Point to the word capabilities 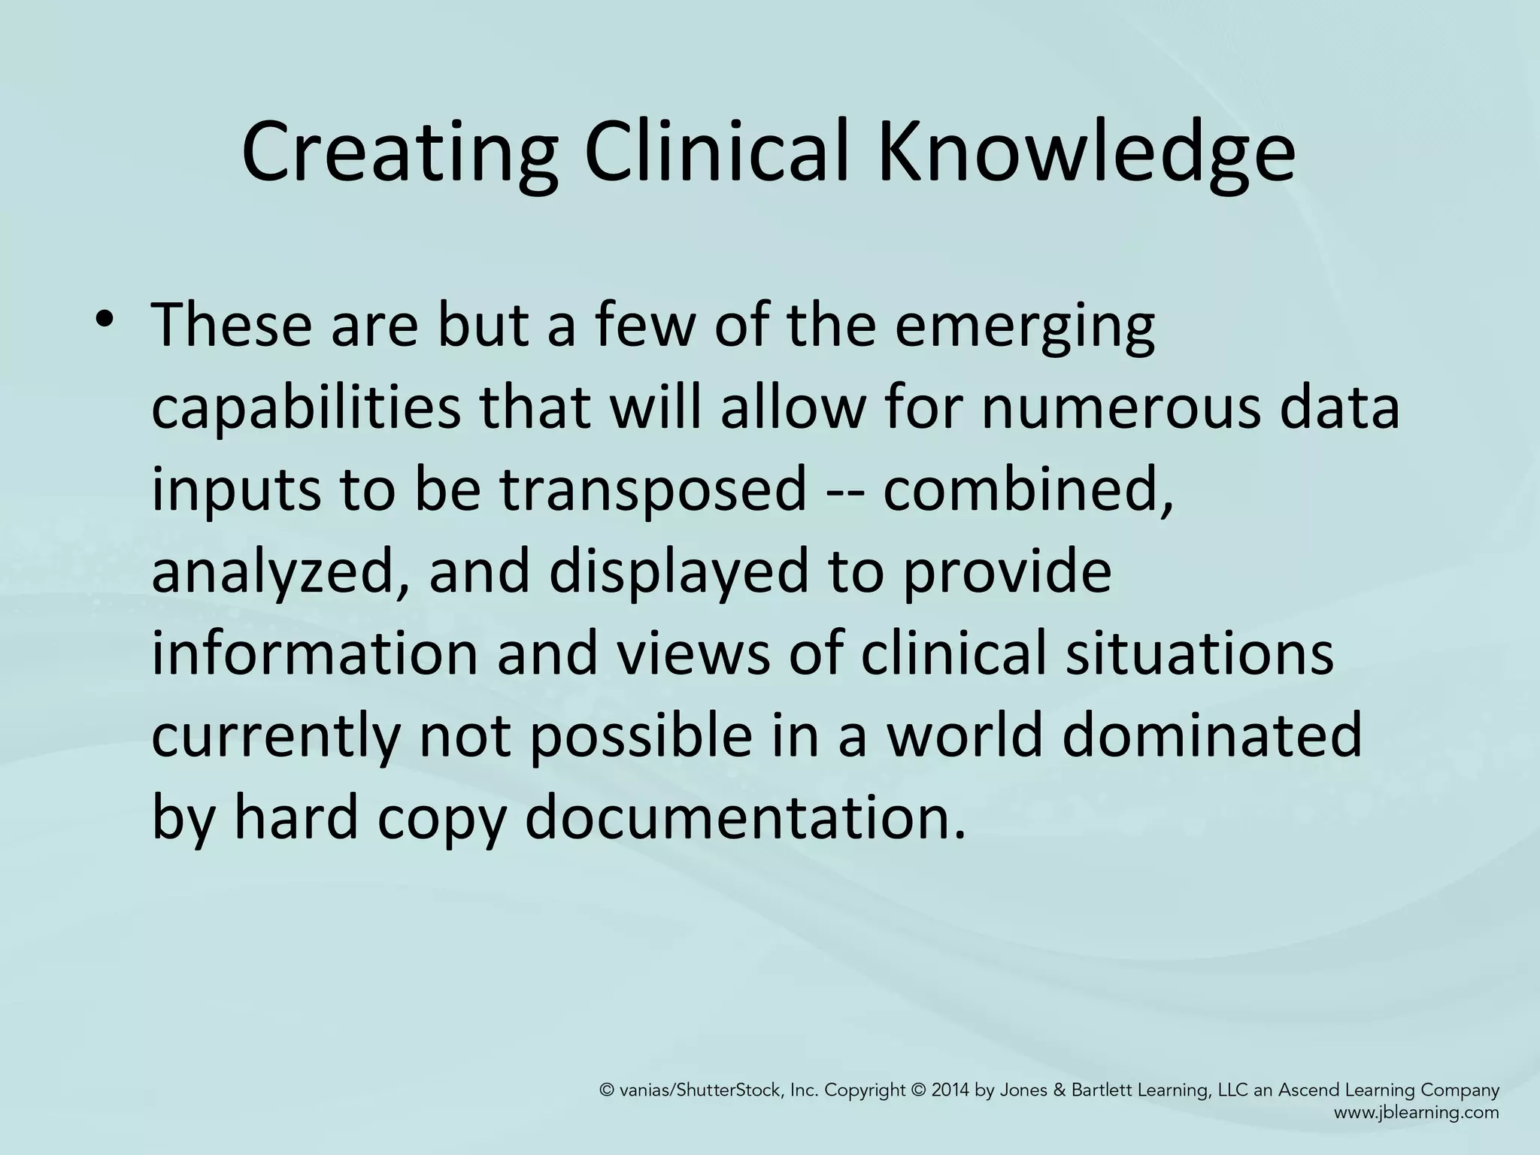pyautogui.click(x=306, y=409)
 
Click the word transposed pyautogui.click(x=653, y=490)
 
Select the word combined pyautogui.click(x=1027, y=490)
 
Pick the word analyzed pyautogui.click(x=281, y=571)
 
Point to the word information pyautogui.click(x=314, y=653)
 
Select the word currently pyautogui.click(x=275, y=735)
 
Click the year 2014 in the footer pyautogui.click(x=950, y=1091)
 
